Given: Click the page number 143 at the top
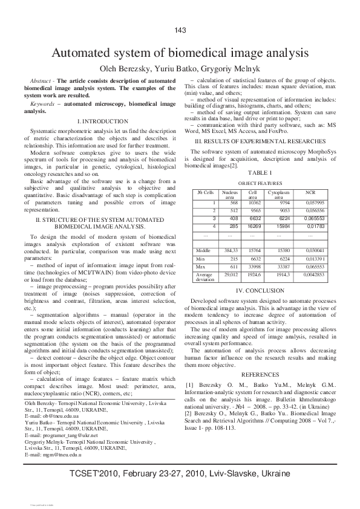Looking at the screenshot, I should point(180,31).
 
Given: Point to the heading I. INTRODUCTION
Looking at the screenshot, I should point(96,122).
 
